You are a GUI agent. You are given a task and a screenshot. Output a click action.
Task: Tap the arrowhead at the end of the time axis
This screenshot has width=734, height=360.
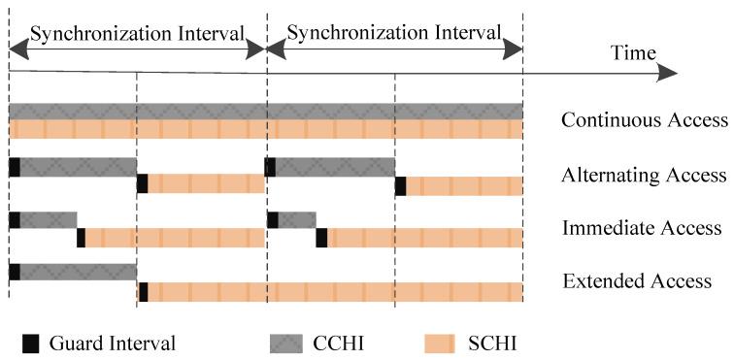tap(667, 73)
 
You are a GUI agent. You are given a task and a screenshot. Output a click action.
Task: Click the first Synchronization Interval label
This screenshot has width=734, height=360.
tap(137, 33)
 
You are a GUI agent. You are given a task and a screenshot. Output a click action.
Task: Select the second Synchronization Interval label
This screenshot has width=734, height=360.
tap(394, 33)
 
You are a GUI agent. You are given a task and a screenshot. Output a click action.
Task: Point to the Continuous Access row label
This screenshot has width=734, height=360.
tap(645, 121)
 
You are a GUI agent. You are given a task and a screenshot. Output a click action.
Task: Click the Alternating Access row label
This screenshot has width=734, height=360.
tap(644, 176)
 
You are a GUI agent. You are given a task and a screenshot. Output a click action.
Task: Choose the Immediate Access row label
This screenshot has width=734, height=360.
tap(642, 229)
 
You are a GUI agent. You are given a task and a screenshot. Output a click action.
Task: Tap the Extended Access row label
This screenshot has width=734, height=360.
tap(638, 282)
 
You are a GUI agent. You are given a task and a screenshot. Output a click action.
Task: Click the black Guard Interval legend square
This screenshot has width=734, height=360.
tap(30, 341)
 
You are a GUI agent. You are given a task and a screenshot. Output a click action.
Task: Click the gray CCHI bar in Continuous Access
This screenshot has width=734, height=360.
tap(265, 111)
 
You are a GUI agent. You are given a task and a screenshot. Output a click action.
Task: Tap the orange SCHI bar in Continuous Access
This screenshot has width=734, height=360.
tap(265, 130)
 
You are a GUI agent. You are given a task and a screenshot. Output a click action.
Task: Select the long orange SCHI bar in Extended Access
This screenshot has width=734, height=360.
tap(335, 291)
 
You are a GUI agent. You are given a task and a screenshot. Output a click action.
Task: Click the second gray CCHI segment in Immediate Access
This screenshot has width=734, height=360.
tap(297, 219)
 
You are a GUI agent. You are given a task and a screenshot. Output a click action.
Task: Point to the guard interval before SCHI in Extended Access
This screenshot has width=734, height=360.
tap(143, 291)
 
